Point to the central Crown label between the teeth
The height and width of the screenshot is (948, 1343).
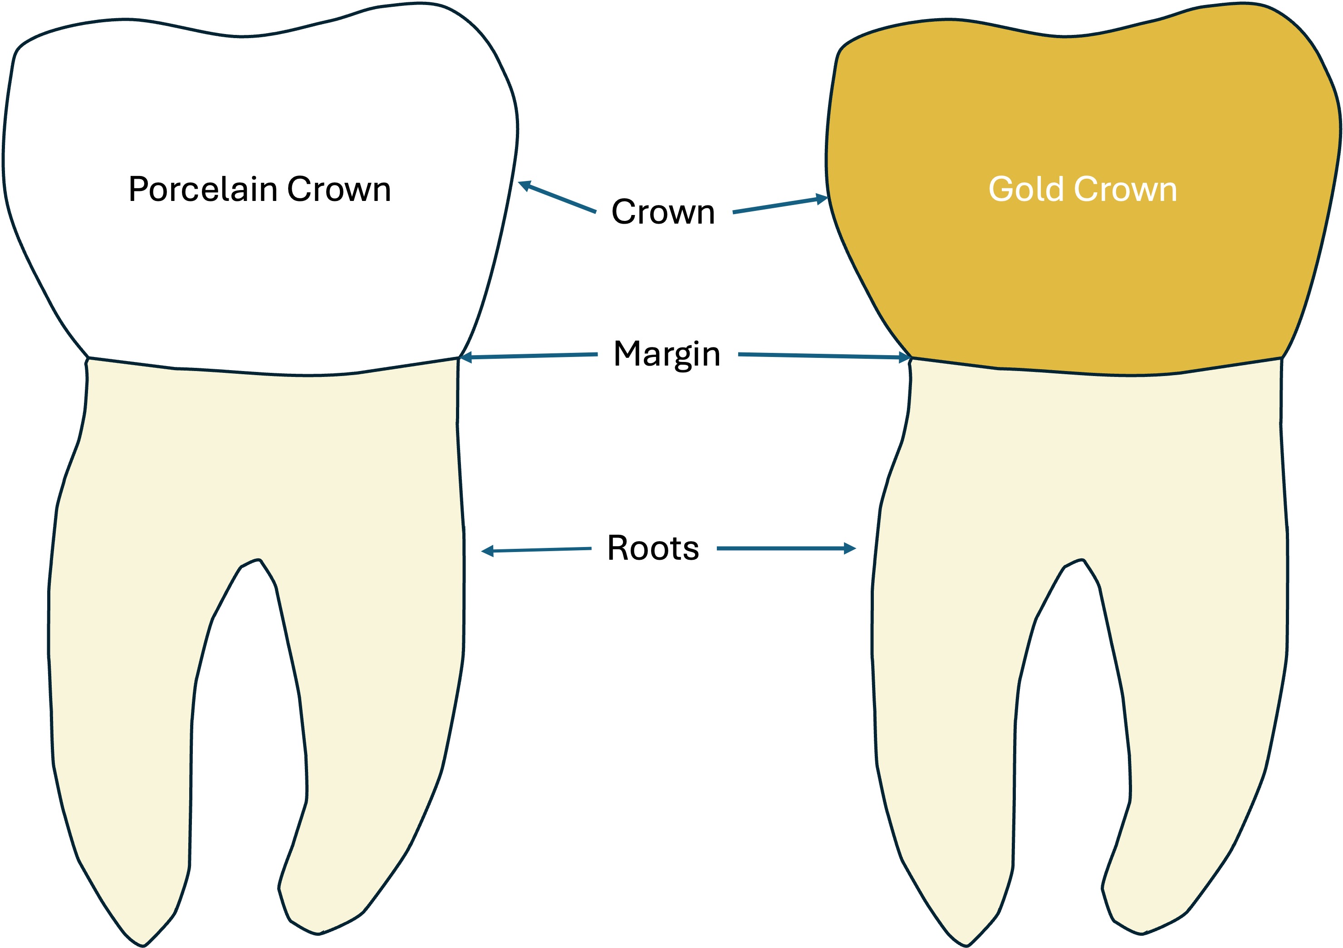pyautogui.click(x=663, y=212)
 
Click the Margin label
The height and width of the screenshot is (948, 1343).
pyautogui.click(x=667, y=354)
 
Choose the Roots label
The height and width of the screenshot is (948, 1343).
pyautogui.click(x=653, y=548)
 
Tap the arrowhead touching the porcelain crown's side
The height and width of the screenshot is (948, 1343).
pyautogui.click(x=524, y=186)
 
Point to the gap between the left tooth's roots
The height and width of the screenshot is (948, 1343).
pyautogui.click(x=245, y=673)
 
